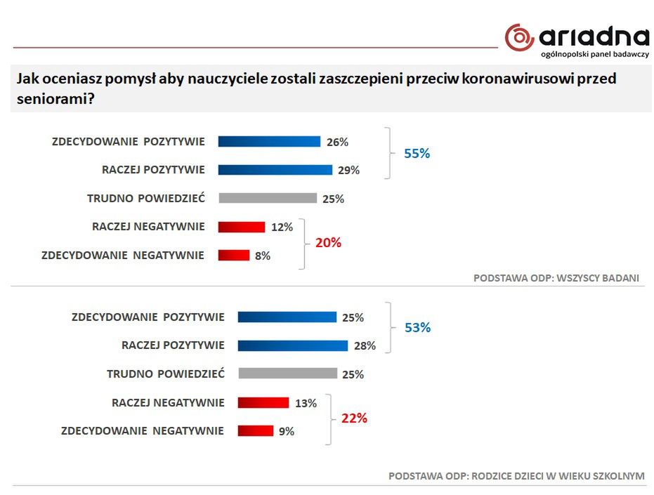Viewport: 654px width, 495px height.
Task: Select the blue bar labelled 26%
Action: (269, 141)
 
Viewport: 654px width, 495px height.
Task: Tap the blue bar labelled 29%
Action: (275, 170)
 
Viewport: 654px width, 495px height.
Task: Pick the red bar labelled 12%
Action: (242, 227)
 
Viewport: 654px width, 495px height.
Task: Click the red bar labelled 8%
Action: (234, 256)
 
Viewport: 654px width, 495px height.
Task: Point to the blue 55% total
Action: (417, 153)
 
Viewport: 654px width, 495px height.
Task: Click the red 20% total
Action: (328, 243)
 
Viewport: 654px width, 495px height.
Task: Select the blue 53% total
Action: (417, 328)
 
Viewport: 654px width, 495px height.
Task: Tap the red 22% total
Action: (354, 418)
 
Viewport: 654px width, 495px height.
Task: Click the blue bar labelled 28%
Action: (293, 345)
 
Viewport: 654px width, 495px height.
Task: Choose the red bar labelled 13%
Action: (263, 403)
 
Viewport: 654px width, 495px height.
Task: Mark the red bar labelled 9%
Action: (256, 431)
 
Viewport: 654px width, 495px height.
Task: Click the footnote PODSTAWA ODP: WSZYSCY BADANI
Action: (556, 278)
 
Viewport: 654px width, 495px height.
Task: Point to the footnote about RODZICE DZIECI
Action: (516, 476)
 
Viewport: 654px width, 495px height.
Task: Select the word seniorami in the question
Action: (51, 99)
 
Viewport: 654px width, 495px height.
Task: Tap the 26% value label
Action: (337, 142)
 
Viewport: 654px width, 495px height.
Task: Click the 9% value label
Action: (286, 432)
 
